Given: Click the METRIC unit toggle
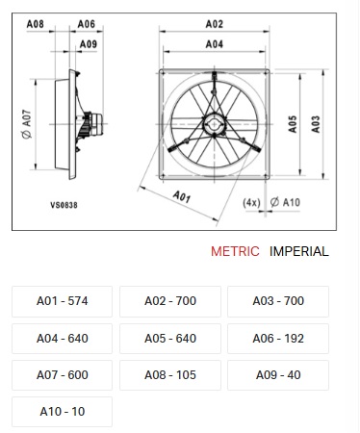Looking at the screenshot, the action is [235, 251].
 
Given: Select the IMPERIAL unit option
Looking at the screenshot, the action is [299, 251].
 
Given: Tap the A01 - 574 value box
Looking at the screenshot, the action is [62, 301].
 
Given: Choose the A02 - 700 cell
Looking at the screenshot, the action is [170, 301].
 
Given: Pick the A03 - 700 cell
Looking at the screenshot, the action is [278, 301].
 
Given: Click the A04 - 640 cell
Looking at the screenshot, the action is [62, 339].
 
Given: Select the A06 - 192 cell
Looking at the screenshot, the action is [278, 339].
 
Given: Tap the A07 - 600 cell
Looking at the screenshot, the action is [62, 375].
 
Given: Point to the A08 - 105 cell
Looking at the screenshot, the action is [170, 375].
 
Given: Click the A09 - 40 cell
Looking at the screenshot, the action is [278, 375].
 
